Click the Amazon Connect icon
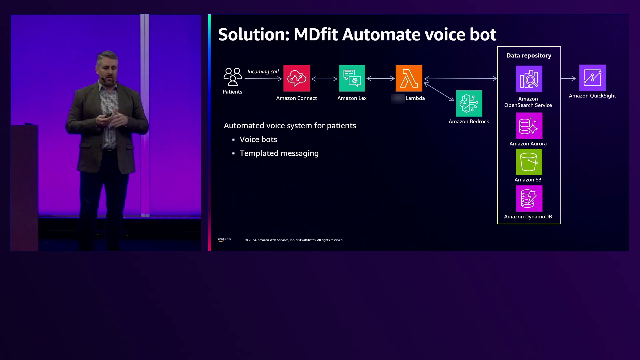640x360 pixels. click(296, 78)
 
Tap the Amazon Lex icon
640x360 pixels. click(352, 78)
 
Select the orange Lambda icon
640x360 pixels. click(409, 78)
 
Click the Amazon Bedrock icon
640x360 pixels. click(469, 103)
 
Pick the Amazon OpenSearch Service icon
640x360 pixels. click(529, 79)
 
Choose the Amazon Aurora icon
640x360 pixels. click(529, 126)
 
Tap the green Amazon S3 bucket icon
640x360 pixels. click(529, 162)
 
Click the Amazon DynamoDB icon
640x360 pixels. click(529, 199)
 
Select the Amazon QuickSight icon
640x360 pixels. click(592, 78)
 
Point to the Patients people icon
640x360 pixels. click(232, 77)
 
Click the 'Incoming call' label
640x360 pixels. click(263, 72)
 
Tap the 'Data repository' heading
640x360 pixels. click(529, 56)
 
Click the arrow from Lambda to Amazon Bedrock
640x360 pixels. click(439, 92)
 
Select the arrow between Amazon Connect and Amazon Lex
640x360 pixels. click(324, 79)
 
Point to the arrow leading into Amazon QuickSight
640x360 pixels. click(569, 79)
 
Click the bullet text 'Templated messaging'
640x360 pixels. click(279, 153)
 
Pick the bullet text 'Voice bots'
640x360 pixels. click(258, 139)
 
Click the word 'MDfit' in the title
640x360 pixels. click(316, 34)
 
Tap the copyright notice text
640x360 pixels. click(294, 240)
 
